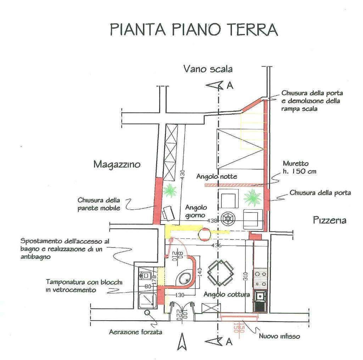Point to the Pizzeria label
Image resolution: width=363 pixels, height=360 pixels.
pos(330,220)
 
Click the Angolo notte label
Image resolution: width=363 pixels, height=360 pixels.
pos(217,176)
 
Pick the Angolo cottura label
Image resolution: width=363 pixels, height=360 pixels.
pos(227,294)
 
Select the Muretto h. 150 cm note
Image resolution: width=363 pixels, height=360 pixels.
pos(300,167)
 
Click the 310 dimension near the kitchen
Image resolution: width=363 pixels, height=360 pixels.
pos(246,277)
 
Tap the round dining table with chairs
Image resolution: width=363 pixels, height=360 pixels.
pos(220,273)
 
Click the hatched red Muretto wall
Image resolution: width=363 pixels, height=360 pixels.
pos(232,185)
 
